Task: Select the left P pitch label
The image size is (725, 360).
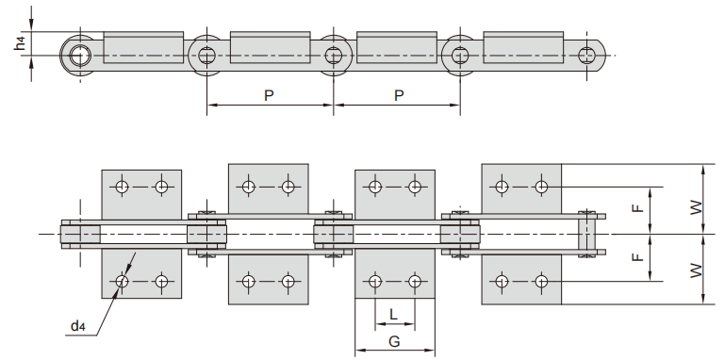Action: (269, 96)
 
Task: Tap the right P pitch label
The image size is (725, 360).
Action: (398, 96)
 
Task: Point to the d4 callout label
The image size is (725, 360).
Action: (77, 327)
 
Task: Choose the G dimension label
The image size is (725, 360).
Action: (394, 341)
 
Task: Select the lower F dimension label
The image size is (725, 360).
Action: (638, 256)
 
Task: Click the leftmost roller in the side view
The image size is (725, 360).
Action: (78, 55)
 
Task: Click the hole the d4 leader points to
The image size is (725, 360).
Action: (123, 281)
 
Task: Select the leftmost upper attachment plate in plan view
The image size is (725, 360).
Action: (141, 193)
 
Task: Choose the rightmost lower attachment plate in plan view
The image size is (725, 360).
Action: (521, 277)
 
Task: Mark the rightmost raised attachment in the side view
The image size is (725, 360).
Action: (523, 45)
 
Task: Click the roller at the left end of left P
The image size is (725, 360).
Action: (206, 55)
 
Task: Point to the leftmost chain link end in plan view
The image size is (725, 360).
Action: (80, 234)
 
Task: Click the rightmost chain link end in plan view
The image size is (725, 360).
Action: (589, 234)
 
